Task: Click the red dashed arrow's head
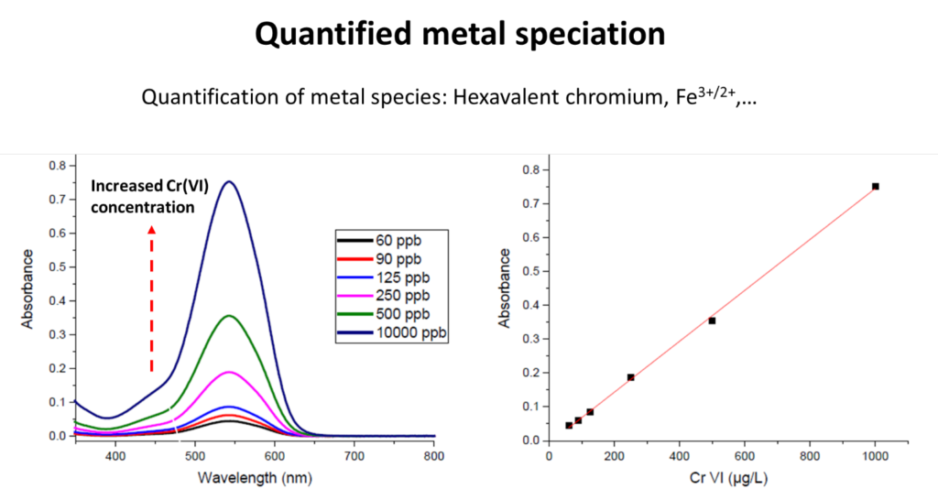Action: click(152, 231)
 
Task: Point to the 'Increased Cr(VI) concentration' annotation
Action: click(150, 197)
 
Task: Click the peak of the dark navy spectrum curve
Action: click(229, 181)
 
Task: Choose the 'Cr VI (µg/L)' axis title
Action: click(727, 478)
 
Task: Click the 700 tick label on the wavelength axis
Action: click(354, 455)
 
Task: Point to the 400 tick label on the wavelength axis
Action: click(115, 455)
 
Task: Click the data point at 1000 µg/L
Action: click(875, 186)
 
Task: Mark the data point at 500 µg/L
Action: click(712, 321)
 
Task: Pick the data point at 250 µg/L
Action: click(630, 377)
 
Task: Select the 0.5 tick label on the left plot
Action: click(57, 266)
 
